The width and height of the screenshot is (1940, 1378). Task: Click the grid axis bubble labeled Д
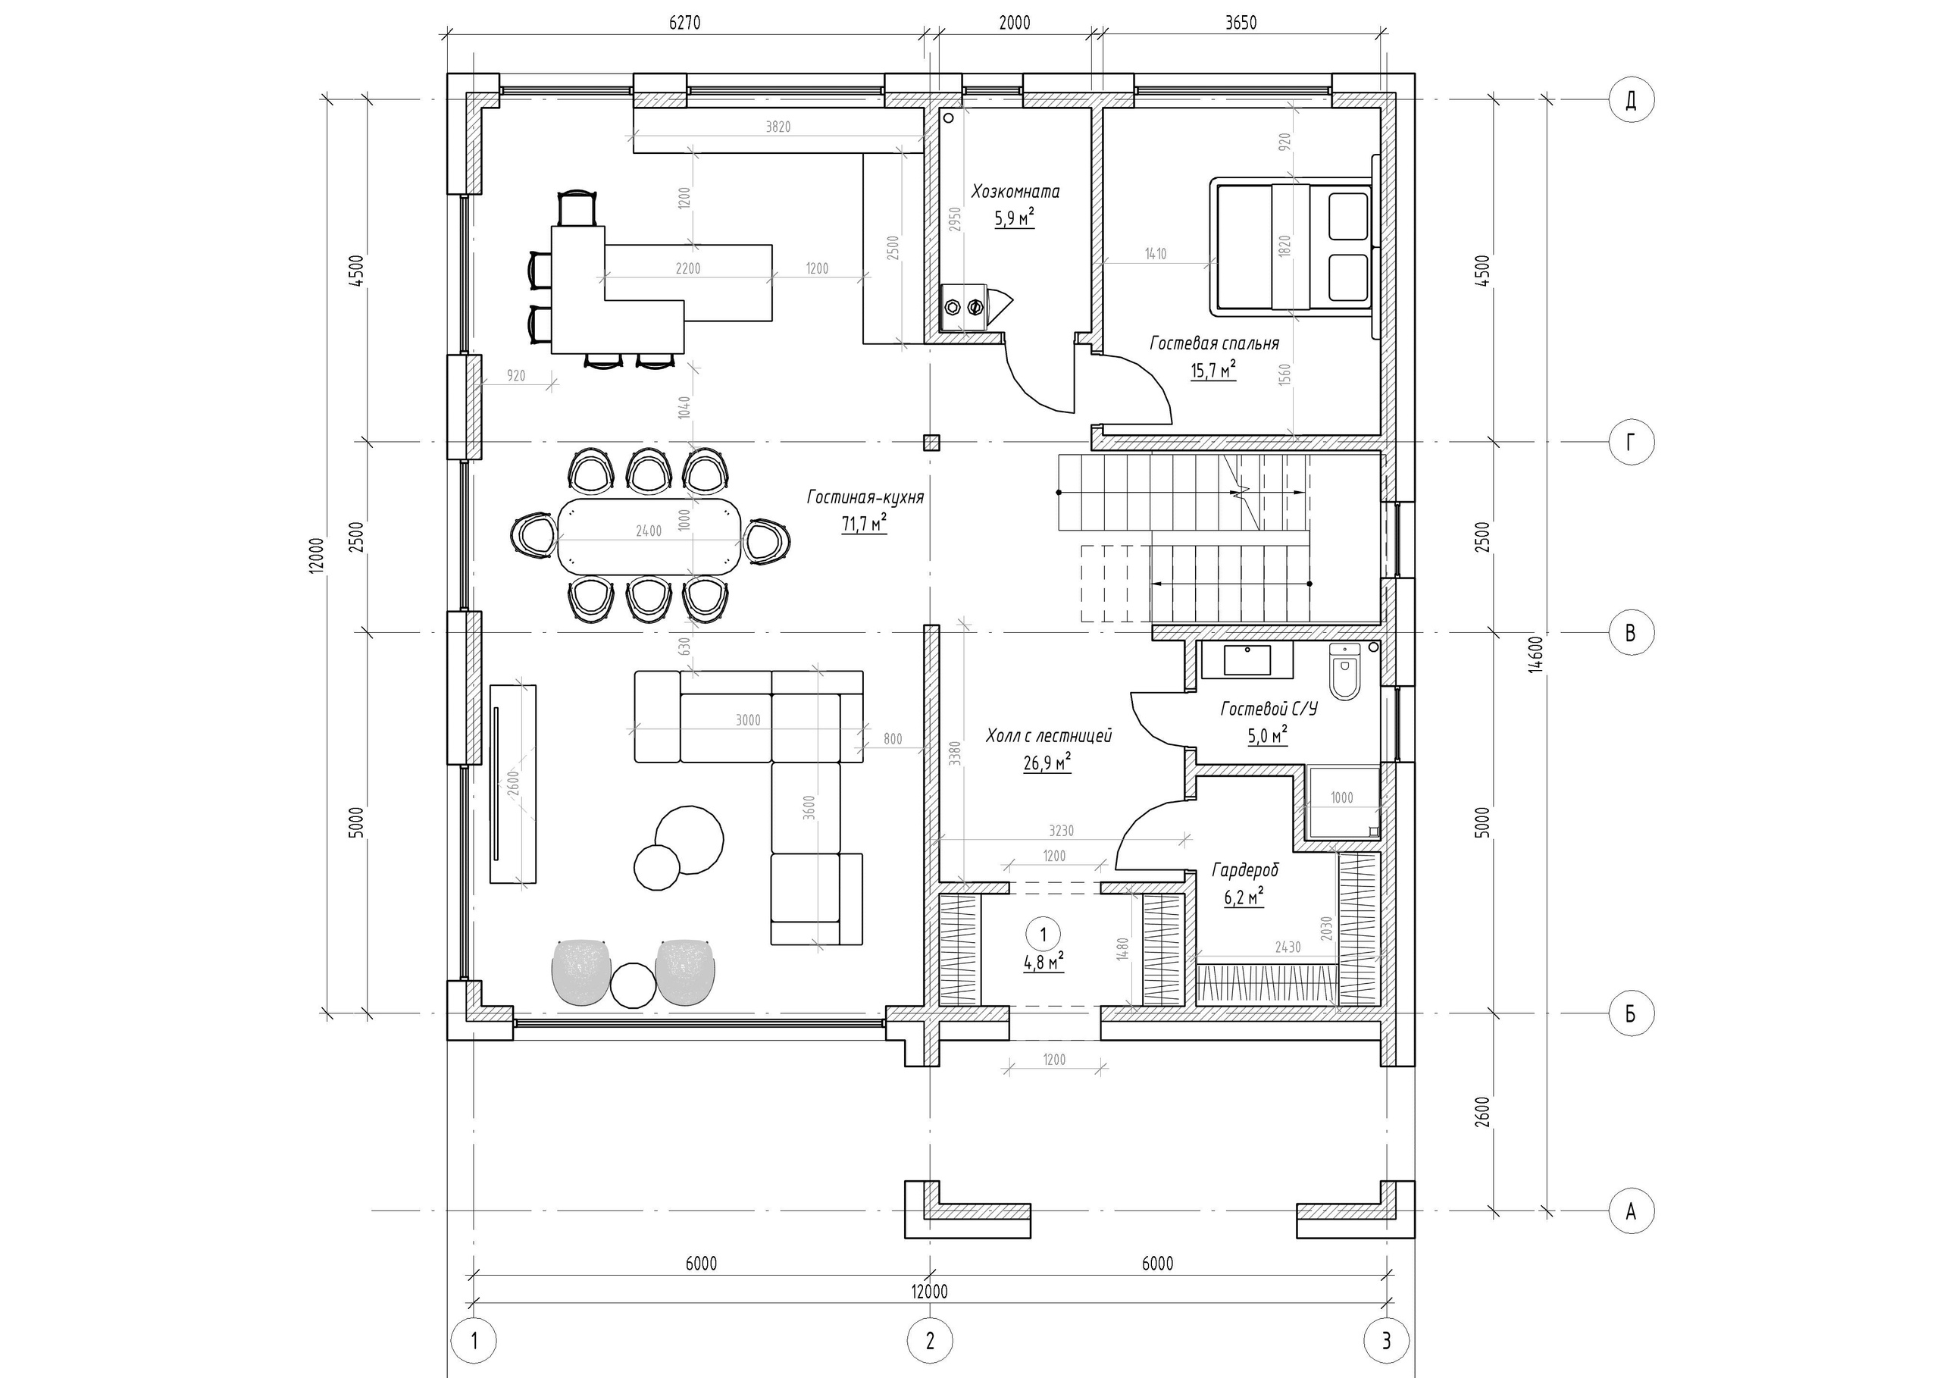click(x=1630, y=100)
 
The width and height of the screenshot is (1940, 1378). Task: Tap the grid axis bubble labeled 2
click(x=930, y=1341)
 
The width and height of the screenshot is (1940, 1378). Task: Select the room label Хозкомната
click(x=1015, y=192)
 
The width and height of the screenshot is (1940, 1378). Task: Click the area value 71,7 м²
click(x=864, y=525)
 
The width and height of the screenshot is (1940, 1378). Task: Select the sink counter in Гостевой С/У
click(x=1247, y=661)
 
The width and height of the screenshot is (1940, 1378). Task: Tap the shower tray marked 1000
click(x=1343, y=802)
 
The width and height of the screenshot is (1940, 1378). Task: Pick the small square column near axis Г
click(x=931, y=442)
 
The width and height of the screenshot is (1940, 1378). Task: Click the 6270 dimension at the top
click(x=684, y=23)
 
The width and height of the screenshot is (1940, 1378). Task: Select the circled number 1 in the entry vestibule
click(x=1043, y=933)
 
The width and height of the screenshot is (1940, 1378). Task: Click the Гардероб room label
click(x=1244, y=869)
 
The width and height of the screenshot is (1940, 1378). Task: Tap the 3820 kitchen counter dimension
click(x=778, y=127)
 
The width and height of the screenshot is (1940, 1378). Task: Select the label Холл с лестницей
click(x=1049, y=736)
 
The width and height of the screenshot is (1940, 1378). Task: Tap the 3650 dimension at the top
click(x=1241, y=23)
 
